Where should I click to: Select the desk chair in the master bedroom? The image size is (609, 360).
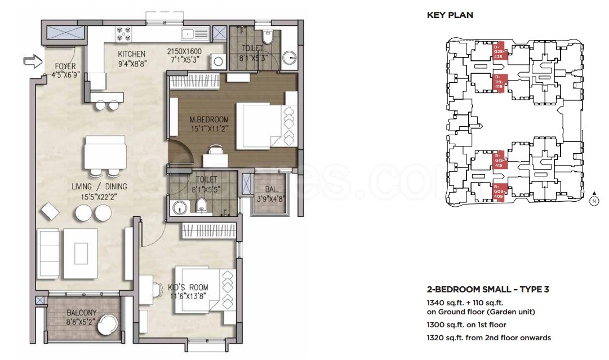tap(215, 150)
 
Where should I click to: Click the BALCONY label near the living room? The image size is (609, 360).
tap(82, 313)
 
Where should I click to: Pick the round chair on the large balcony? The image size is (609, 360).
tap(106, 325)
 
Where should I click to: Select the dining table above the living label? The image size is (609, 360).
tap(105, 152)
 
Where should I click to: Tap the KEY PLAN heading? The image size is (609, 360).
tap(450, 15)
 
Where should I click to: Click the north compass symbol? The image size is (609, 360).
tap(593, 201)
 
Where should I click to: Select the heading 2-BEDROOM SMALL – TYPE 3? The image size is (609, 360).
tap(488, 290)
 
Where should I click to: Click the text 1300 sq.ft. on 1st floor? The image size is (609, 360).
tap(466, 325)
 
